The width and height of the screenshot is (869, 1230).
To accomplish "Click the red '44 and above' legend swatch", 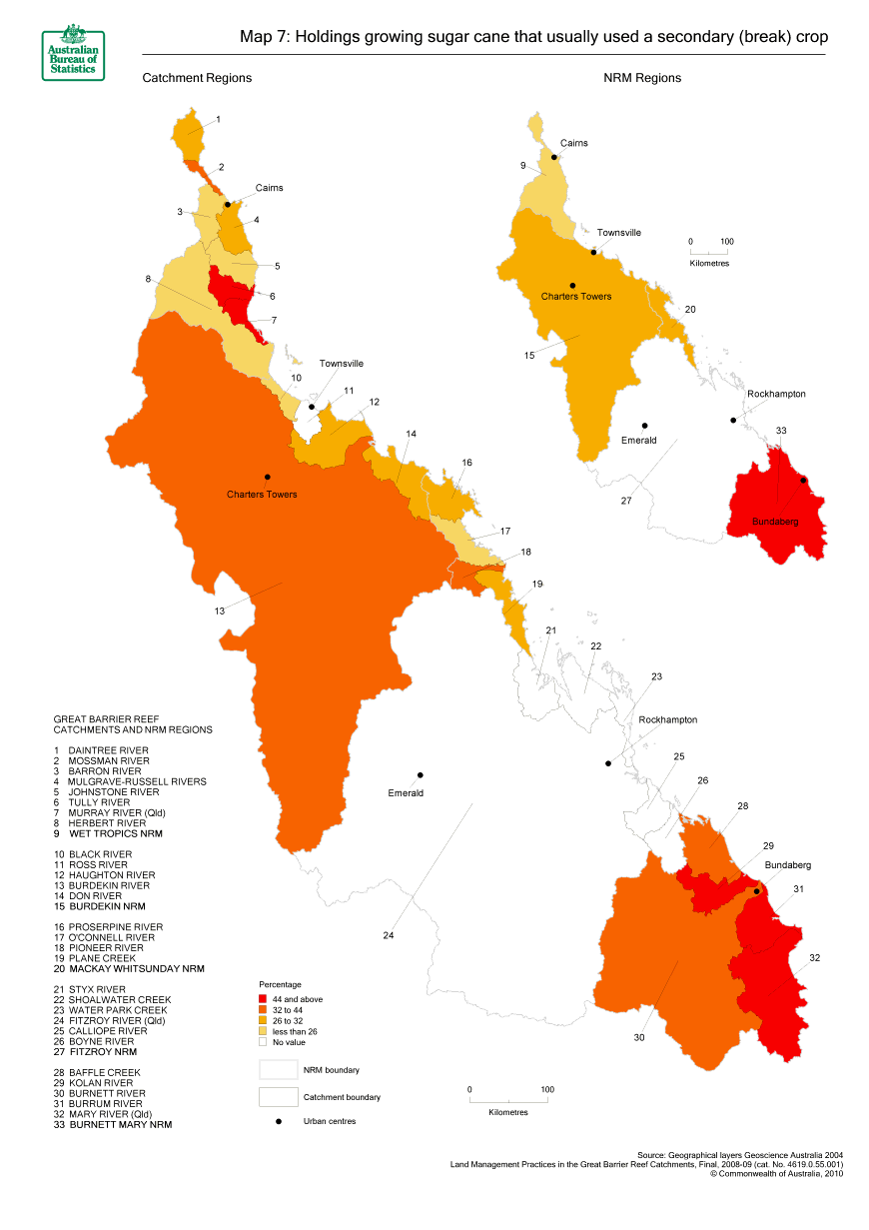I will (263, 998).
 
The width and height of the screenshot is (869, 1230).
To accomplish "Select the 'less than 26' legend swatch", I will (263, 1030).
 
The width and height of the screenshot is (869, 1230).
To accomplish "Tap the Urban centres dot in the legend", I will (279, 1121).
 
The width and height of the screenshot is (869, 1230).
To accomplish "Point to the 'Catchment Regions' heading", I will (197, 78).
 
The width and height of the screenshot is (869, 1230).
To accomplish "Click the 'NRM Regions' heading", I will (641, 78).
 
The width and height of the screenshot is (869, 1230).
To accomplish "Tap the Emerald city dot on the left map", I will (421, 775).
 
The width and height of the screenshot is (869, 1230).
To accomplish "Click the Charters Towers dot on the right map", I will (572, 285).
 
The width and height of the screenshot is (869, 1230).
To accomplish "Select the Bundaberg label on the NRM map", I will (776, 522).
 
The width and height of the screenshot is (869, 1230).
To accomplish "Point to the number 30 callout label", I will (638, 1038).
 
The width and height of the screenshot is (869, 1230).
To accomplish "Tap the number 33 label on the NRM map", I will (781, 431).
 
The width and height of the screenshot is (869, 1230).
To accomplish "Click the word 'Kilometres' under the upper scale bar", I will (709, 264).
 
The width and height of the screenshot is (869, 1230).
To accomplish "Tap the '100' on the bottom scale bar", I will (546, 1089).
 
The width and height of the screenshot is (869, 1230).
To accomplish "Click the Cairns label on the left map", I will (269, 188).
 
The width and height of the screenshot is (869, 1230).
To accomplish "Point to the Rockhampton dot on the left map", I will (607, 764).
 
